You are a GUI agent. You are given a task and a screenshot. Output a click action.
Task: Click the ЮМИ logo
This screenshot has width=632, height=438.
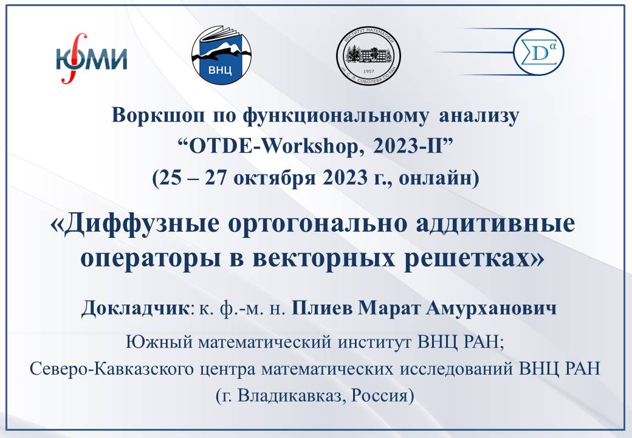tap(91, 59)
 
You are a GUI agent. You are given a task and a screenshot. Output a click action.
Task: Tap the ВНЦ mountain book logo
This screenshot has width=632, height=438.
tap(221, 56)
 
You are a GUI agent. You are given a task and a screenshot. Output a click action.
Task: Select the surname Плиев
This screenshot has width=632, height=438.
tap(321, 308)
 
